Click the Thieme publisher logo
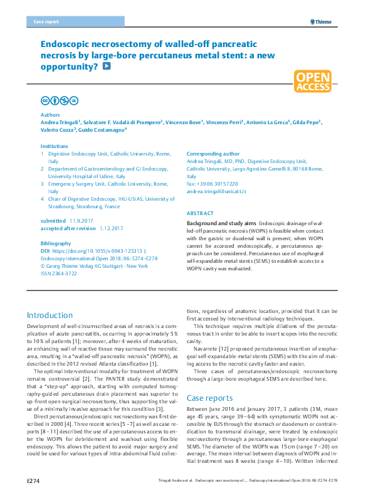[x=321, y=21]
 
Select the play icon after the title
[x=107, y=65]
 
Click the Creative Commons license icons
[x=59, y=100]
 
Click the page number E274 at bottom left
[x=33, y=480]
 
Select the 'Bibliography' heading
[x=56, y=243]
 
